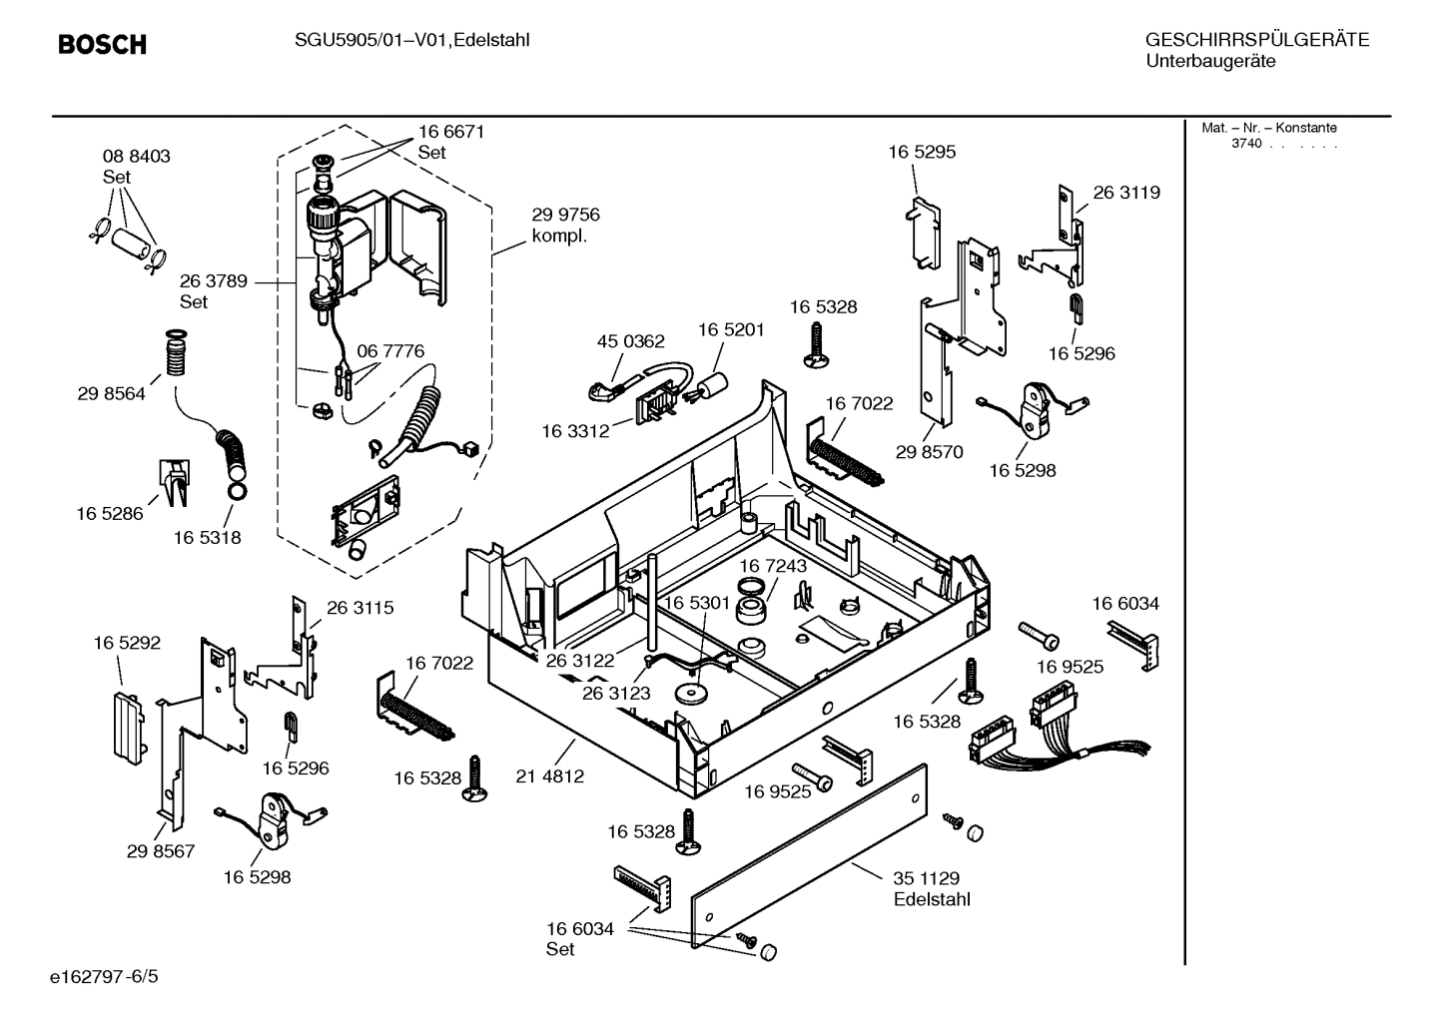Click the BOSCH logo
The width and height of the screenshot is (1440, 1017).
102,45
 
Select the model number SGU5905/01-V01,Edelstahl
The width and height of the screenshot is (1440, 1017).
411,40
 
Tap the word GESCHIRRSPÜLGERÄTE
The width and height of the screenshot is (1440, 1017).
1256,40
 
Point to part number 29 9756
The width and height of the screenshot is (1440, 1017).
565,215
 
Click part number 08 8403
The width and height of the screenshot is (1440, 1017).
136,157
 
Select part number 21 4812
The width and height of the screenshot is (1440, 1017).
550,775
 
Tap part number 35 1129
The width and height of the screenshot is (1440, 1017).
926,878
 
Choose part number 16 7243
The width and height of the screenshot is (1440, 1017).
773,566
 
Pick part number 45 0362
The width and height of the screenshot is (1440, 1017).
630,341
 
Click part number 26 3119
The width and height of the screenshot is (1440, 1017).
1126,193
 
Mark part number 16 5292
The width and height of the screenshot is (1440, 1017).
127,644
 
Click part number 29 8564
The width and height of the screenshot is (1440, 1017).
111,394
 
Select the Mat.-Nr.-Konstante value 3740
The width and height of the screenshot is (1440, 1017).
1246,144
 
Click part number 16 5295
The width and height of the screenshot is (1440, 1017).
922,152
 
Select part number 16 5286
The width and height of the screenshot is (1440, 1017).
110,514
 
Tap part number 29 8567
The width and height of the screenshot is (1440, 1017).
161,851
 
